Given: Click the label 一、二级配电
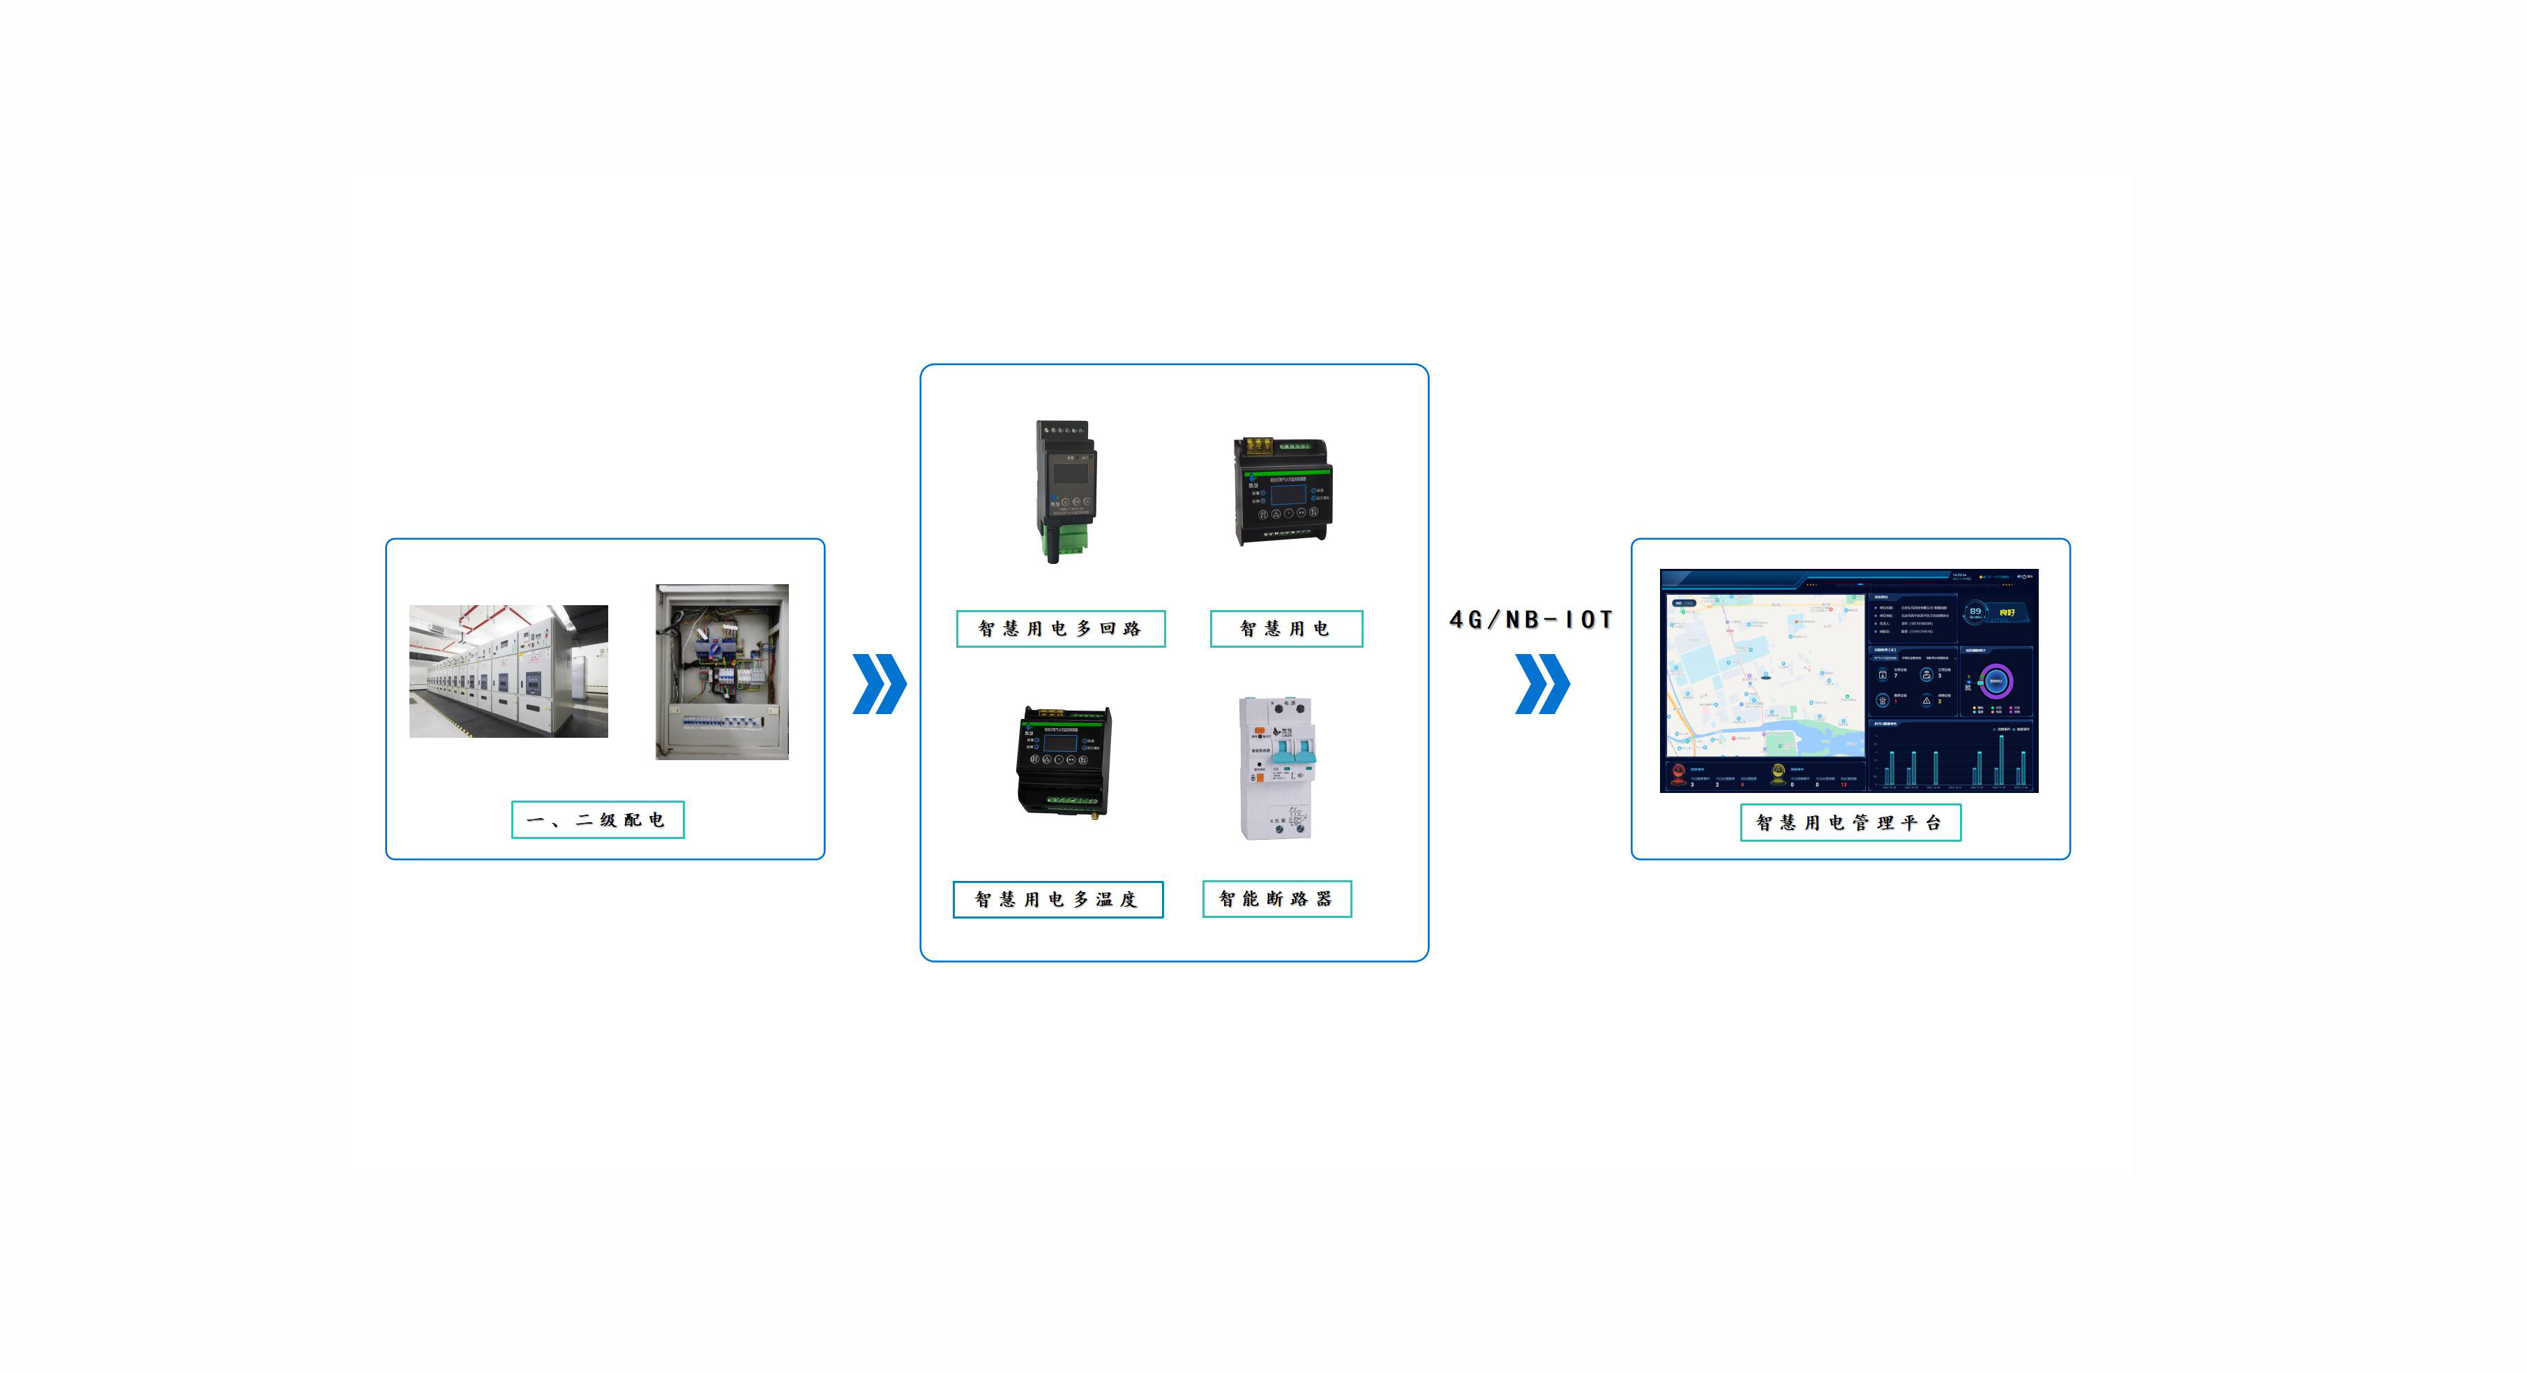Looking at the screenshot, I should [x=598, y=819].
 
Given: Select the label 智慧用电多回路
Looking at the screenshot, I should [x=1060, y=629].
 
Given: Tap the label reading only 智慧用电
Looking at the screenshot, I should [x=1286, y=629].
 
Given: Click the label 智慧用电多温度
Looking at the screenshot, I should [x=1057, y=899].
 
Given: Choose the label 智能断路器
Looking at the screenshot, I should [x=1276, y=899].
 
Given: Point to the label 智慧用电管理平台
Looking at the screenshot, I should [x=1850, y=822].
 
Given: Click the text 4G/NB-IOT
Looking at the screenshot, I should [x=1531, y=619].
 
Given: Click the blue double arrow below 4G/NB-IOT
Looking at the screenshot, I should [x=1542, y=684].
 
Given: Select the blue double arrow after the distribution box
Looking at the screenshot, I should [x=879, y=684].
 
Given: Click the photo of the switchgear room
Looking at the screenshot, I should [x=508, y=671].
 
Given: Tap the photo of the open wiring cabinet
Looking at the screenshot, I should [x=722, y=672].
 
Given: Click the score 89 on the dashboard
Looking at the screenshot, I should [x=1975, y=611].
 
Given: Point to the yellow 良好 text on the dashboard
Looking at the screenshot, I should [x=2007, y=612].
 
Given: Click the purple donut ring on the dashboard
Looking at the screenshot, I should [x=1996, y=680].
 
